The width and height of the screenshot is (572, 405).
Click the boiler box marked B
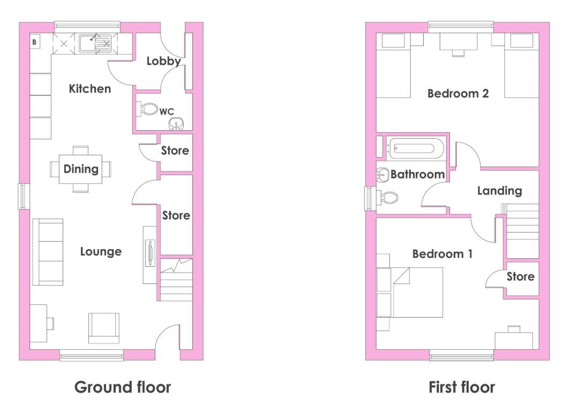point(35,42)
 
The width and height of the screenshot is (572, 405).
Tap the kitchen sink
point(95,43)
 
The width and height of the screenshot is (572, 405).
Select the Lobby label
point(164,61)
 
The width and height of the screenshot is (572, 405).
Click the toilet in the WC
point(147,109)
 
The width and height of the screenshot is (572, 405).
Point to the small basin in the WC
point(176,124)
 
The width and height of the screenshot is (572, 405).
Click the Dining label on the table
point(81,169)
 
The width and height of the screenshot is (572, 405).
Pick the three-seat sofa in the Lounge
point(48,252)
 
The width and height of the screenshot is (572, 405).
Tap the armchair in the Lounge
point(104,328)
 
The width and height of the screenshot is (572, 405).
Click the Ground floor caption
point(123,387)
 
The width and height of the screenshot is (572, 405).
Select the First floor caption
point(462,387)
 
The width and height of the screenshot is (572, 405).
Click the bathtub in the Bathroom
point(416,148)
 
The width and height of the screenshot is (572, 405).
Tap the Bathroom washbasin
point(382,176)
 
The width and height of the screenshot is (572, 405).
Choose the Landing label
point(499,191)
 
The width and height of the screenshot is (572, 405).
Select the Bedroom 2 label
point(458,94)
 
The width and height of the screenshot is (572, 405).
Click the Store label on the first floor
point(521,276)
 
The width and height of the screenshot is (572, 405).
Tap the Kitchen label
point(90,89)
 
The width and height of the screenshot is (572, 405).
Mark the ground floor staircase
point(176,280)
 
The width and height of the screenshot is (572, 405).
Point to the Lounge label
point(101,252)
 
